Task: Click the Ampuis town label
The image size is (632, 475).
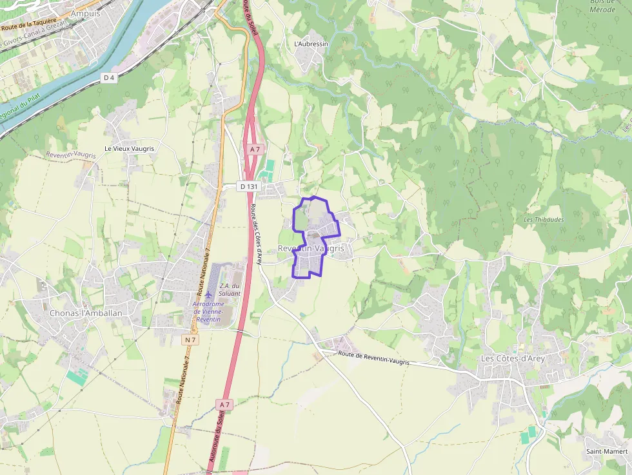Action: point(86,13)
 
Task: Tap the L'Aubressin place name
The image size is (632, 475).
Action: point(311,44)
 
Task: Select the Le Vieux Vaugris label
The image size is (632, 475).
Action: point(130,148)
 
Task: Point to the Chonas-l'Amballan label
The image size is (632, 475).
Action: point(86,313)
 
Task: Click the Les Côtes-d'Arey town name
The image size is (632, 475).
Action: point(513,358)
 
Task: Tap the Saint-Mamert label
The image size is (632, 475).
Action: point(607,451)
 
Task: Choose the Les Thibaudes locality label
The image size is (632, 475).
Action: point(544,219)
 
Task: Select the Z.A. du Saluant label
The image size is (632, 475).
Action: point(230,289)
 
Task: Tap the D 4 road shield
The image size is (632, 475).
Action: point(110,78)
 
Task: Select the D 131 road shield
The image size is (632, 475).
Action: point(248,186)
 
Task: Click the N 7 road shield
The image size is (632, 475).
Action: point(190,340)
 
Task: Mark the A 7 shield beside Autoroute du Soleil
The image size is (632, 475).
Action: point(224,404)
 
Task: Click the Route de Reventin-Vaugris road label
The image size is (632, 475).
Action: point(374,358)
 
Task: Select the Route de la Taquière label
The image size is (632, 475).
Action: point(28,25)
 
